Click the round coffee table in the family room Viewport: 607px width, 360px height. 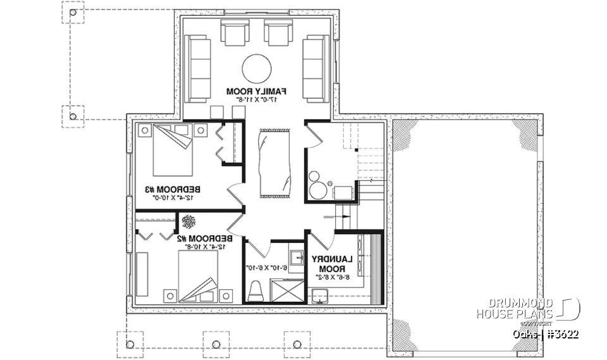(x=257, y=68)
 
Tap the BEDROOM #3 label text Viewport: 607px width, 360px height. (x=173, y=189)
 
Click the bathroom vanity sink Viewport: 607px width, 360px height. (x=296, y=257)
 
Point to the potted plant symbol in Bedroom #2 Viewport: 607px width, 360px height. (x=188, y=221)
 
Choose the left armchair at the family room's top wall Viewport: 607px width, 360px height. (x=235, y=32)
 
